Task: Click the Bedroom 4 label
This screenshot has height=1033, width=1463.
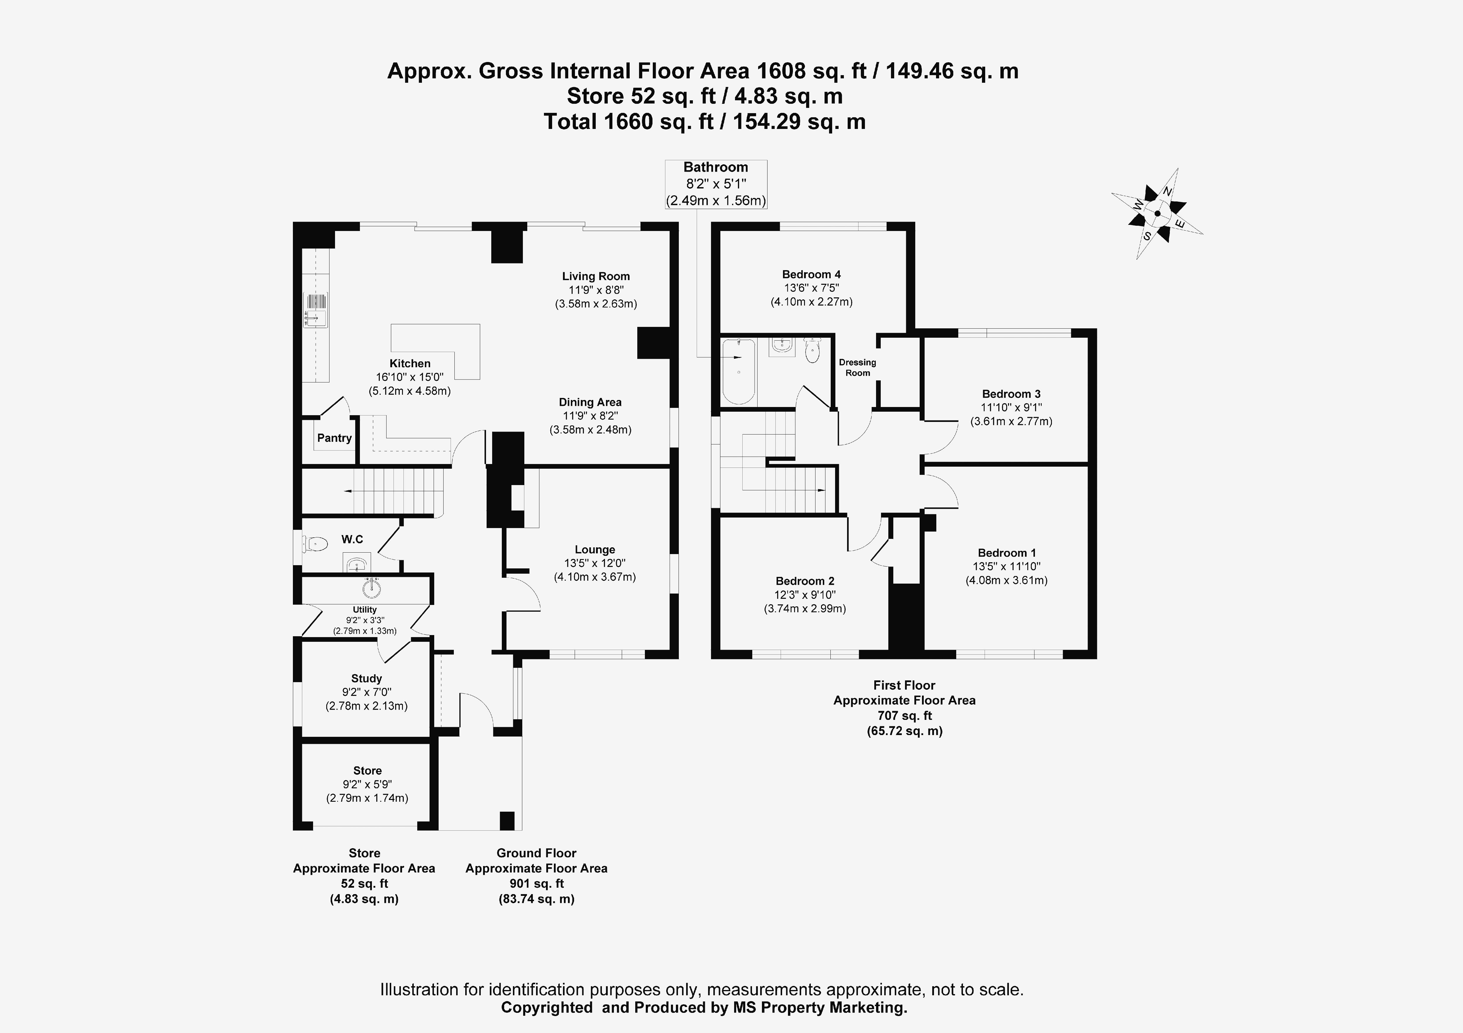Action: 811,275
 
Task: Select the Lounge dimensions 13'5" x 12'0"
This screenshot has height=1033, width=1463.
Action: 595,563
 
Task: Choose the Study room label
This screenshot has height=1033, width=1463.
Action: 366,678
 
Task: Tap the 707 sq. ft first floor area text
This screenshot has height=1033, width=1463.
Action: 904,715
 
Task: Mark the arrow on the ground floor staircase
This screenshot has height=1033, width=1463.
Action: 349,491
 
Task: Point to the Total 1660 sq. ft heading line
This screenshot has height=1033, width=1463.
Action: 704,121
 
